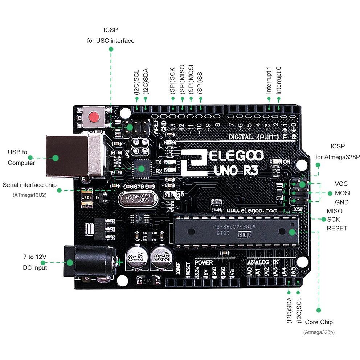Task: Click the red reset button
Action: coord(94,117)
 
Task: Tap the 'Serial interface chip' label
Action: coord(29,185)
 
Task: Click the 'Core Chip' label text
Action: coord(318,322)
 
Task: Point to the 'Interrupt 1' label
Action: coord(269,80)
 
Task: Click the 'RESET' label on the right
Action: coord(337,228)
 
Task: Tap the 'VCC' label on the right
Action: coord(341,184)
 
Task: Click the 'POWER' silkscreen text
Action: coord(204,262)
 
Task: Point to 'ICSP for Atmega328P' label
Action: coord(337,152)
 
